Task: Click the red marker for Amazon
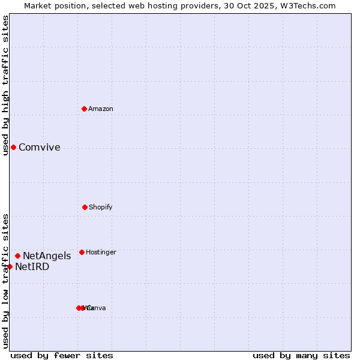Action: [x=84, y=109]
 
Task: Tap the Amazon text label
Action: [x=101, y=109]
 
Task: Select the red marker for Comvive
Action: [x=13, y=147]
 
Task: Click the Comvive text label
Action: [x=40, y=148]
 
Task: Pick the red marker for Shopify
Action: [x=85, y=207]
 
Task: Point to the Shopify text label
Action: [x=101, y=208]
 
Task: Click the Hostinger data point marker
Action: [x=82, y=252]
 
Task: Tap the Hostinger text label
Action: [x=101, y=253]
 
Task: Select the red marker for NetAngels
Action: [x=17, y=256]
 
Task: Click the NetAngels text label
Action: [x=47, y=256]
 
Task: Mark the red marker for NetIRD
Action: [x=10, y=266]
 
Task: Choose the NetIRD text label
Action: [x=32, y=267]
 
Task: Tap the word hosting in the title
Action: [x=154, y=5]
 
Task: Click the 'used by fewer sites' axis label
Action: [x=62, y=355]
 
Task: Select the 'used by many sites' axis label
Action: [x=301, y=355]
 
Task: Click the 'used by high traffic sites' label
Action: [x=5, y=85]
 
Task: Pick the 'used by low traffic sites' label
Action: [x=5, y=281]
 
